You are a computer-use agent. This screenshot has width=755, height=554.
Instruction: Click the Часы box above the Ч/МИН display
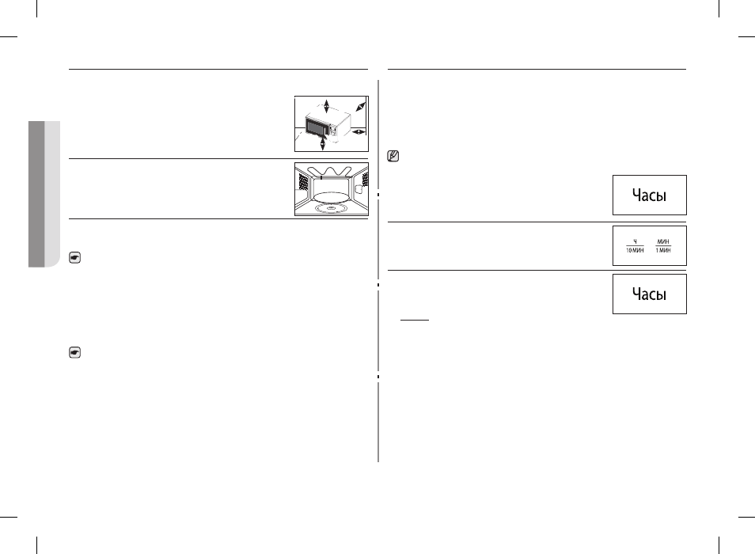point(649,195)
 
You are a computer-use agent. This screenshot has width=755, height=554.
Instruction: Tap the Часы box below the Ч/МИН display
point(649,294)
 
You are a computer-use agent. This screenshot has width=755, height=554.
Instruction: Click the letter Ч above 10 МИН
point(635,241)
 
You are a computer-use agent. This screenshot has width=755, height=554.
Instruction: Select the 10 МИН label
point(635,250)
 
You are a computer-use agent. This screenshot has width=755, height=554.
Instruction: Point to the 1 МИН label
point(663,250)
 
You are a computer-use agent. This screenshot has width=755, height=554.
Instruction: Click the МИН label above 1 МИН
point(663,241)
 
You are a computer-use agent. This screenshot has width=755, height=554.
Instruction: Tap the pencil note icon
point(393,157)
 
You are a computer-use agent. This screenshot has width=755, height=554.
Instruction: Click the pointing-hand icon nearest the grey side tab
point(74,257)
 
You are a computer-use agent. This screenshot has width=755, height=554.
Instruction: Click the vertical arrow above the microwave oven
point(327,106)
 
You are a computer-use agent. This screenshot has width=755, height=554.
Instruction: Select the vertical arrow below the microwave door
point(323,142)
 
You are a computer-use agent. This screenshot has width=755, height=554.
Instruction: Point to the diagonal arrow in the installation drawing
point(361,107)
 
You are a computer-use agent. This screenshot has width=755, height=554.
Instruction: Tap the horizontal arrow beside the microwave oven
point(359,131)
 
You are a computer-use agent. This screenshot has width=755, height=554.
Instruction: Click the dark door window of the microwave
point(317,128)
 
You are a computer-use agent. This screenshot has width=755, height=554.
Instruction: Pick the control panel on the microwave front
point(332,130)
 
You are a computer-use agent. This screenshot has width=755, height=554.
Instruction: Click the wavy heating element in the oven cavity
point(332,172)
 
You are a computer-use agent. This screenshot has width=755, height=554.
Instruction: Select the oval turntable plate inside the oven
point(332,197)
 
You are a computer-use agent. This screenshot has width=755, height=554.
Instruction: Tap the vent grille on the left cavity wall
point(303,182)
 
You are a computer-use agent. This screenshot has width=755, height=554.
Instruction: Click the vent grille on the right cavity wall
point(366,180)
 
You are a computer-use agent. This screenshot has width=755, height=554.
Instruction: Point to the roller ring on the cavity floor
point(332,208)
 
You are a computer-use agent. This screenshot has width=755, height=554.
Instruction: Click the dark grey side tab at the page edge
point(36,194)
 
